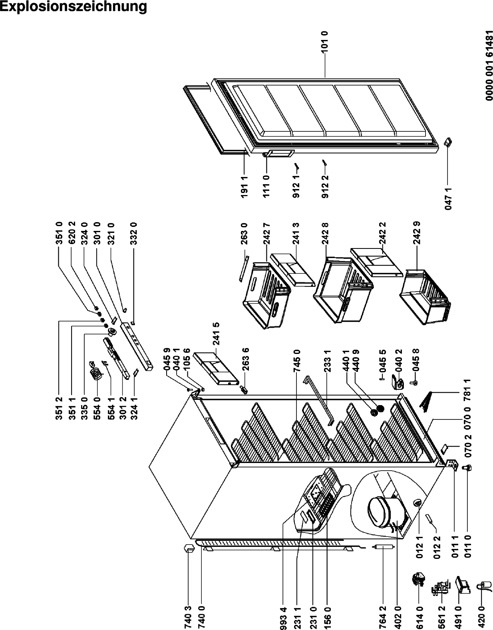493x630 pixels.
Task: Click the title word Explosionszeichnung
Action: click(73, 7)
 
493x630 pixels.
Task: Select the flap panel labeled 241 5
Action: click(215, 368)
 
